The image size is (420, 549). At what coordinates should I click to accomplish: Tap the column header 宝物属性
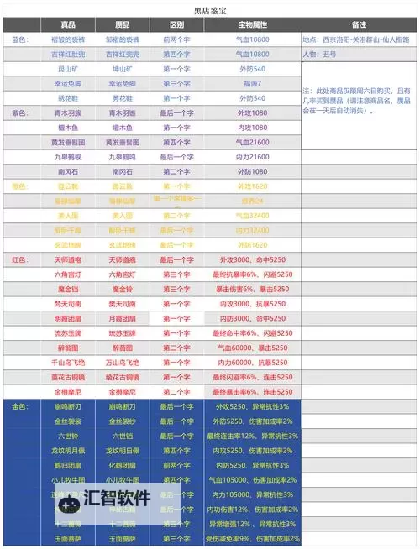coord(251,26)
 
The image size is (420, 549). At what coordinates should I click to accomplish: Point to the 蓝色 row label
coord(21,39)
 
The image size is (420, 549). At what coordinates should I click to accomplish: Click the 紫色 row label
coord(21,112)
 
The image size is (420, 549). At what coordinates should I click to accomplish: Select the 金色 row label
coord(21,405)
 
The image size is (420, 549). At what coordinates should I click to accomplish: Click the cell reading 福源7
coord(252,84)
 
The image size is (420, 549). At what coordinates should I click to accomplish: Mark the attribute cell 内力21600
coord(252,157)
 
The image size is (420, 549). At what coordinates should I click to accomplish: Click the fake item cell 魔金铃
coord(122,289)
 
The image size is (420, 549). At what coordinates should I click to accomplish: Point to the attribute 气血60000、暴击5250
coord(252,347)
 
